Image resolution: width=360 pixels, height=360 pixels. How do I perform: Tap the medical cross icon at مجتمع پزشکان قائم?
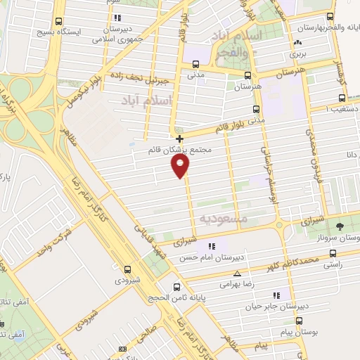179,138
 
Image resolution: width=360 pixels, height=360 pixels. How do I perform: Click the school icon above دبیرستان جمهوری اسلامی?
117,17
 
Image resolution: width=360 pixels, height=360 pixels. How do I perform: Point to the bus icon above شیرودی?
127,269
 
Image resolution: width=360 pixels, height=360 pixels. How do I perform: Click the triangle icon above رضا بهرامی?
237,274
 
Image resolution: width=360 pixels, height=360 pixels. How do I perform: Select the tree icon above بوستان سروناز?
340,226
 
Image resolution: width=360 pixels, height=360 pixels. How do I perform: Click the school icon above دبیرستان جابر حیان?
276,295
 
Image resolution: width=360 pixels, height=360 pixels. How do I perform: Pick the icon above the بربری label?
294,43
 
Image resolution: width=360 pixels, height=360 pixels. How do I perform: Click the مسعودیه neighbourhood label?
223,219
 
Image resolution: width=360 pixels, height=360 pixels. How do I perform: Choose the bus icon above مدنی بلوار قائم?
255,109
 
